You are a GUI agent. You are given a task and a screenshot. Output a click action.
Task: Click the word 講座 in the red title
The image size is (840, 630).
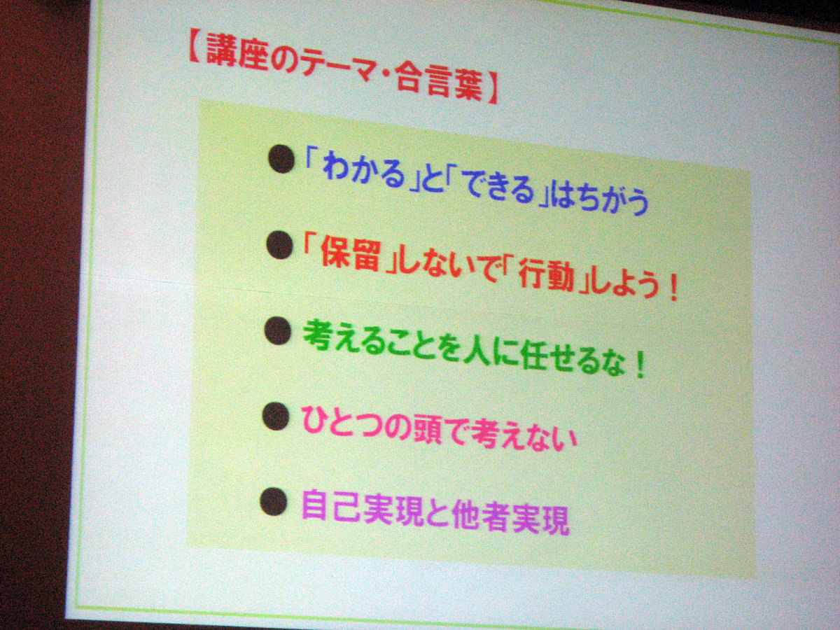pos(237,55)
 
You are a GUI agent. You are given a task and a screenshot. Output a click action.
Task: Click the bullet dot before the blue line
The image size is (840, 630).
pos(281,159)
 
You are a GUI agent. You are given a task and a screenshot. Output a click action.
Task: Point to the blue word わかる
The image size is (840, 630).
pos(363,175)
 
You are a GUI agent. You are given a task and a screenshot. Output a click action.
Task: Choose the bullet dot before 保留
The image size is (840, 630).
pos(280,245)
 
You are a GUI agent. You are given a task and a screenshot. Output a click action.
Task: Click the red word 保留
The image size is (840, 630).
pos(351,253)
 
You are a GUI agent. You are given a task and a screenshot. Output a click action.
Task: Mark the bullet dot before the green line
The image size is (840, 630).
pos(278,331)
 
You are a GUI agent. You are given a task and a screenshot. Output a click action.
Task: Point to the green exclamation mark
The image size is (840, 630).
pos(640,366)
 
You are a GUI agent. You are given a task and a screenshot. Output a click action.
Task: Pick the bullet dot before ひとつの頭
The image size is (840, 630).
pos(276,416)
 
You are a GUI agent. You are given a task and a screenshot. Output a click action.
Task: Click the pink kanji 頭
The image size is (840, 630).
pos(431,430)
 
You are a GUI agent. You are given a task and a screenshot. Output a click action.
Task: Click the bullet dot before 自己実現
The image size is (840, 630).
pos(274,502)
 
